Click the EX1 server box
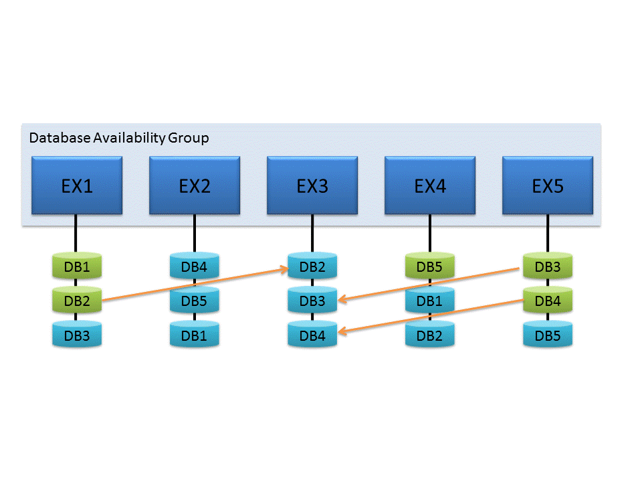click(x=77, y=185)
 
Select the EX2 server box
click(x=195, y=185)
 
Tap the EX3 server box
click(x=312, y=185)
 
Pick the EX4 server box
click(x=430, y=185)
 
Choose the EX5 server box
click(x=548, y=185)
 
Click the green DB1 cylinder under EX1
click(x=77, y=267)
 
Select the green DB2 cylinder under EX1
click(x=77, y=301)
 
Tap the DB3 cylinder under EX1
click(x=77, y=335)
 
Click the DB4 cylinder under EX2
click(x=195, y=267)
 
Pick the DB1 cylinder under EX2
click(x=195, y=335)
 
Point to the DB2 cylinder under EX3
click(x=312, y=267)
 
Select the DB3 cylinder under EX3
click(x=312, y=301)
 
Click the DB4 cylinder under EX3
click(x=312, y=335)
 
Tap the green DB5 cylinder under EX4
click(x=430, y=267)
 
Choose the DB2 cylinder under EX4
click(x=430, y=335)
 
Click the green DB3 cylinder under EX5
click(x=548, y=267)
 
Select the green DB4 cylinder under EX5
click(x=548, y=301)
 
